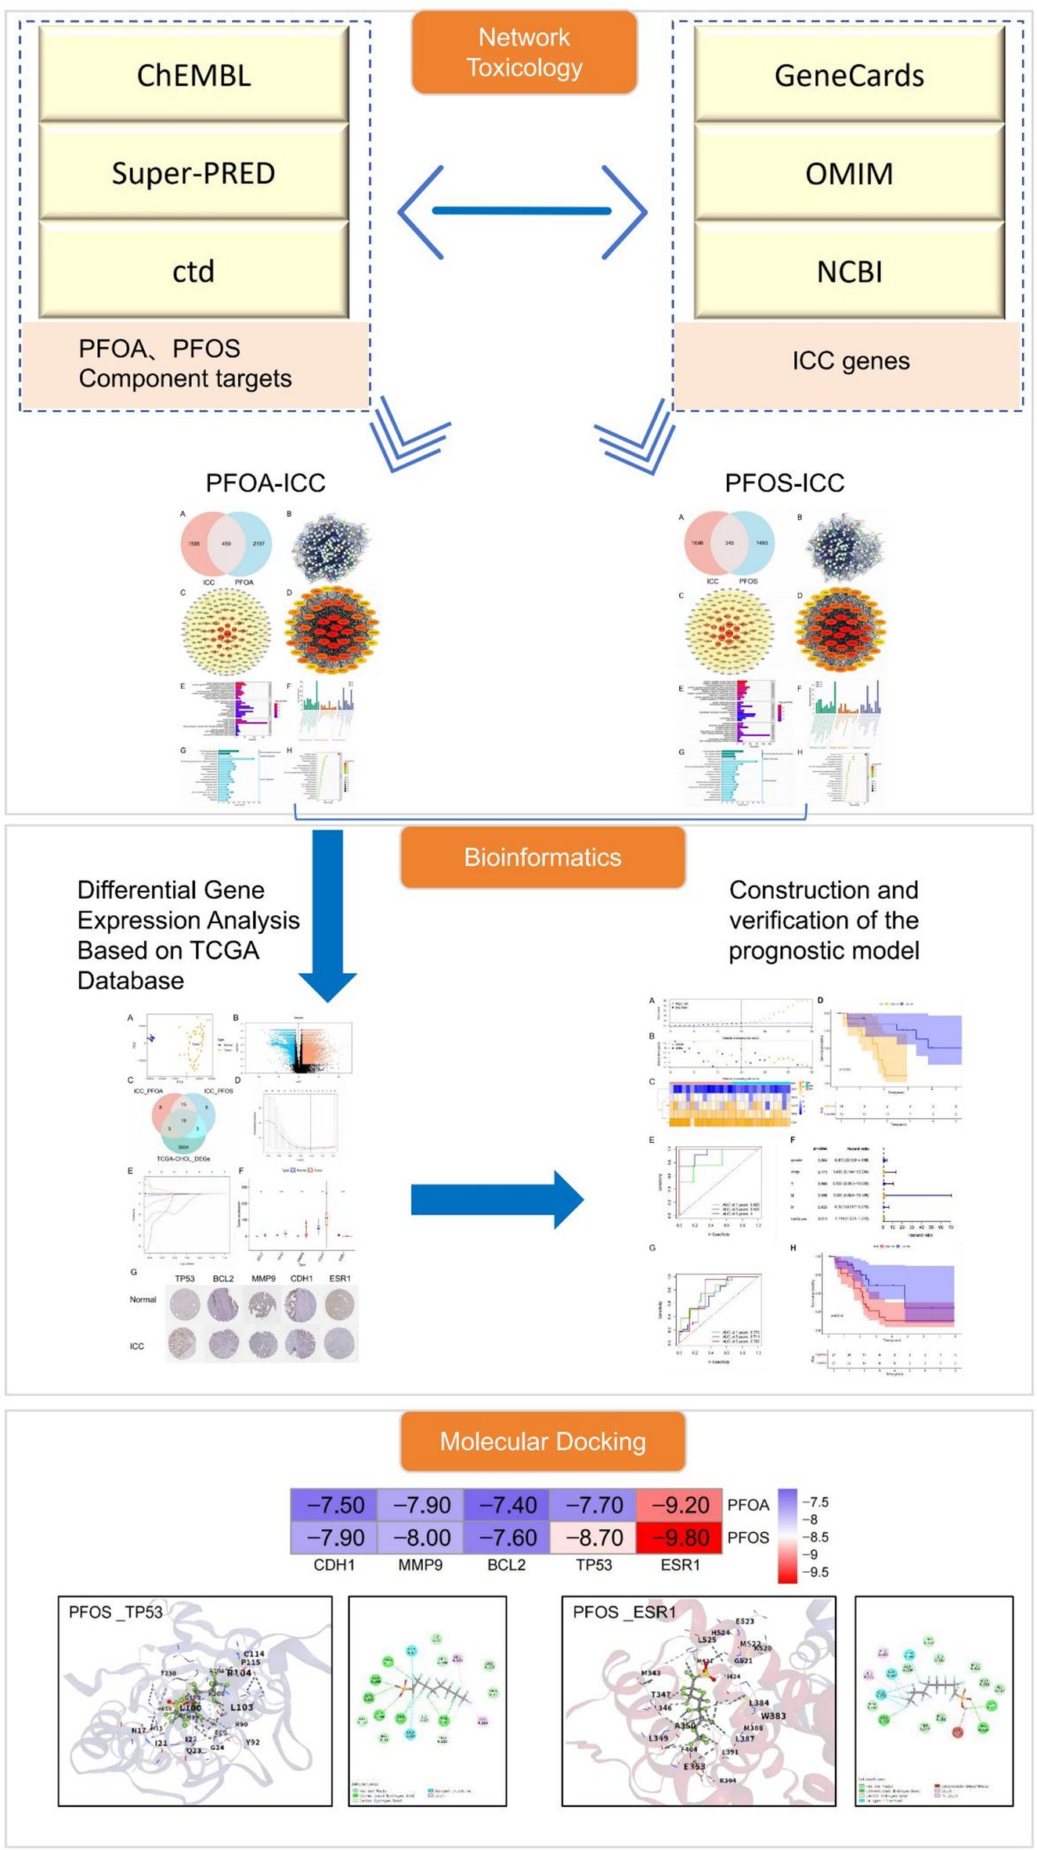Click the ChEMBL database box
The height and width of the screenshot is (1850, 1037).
pos(193,75)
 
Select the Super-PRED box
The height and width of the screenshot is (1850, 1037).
pos(193,173)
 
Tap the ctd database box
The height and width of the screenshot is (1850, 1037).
pos(193,271)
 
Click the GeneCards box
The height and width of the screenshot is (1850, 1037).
pos(849,75)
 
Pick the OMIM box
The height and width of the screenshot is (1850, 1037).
pos(849,173)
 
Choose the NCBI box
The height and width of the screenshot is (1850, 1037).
pos(849,271)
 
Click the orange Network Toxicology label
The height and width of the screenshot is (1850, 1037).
pos(524,52)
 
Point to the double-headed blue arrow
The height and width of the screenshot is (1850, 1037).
pos(522,211)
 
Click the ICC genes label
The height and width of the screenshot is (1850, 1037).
pos(851,361)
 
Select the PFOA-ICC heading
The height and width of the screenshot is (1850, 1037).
pos(266,483)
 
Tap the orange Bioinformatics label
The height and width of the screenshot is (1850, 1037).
pos(543,857)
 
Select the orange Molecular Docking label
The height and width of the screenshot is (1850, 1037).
pos(543,1441)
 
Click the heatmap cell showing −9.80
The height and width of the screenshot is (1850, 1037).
pos(679,1538)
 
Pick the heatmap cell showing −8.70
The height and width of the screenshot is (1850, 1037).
pos(593,1538)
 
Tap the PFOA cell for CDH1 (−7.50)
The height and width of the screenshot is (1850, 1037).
pos(334,1505)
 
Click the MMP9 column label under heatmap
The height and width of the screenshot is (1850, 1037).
pos(421,1565)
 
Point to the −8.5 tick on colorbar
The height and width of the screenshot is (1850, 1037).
pos(815,1537)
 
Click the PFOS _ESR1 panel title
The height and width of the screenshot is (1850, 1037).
pos(623,1612)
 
